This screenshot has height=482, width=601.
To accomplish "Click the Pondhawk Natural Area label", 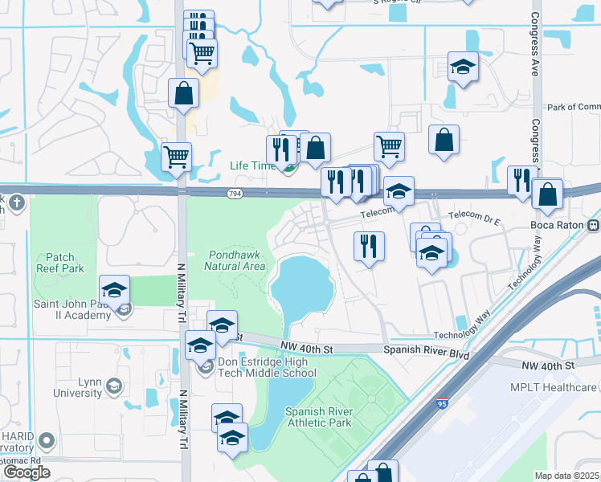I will tap(235, 259).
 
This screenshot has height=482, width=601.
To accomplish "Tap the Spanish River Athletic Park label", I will tap(319, 417).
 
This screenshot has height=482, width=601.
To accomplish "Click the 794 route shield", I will tap(234, 194).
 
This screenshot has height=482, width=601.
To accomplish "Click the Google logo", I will tap(27, 472).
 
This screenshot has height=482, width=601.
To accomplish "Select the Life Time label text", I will tap(251, 165).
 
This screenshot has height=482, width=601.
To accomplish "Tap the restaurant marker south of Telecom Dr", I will tap(369, 245).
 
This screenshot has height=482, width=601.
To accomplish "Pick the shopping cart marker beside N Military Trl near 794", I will tap(176, 157).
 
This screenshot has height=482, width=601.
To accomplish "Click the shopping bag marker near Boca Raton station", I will tap(547, 194).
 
